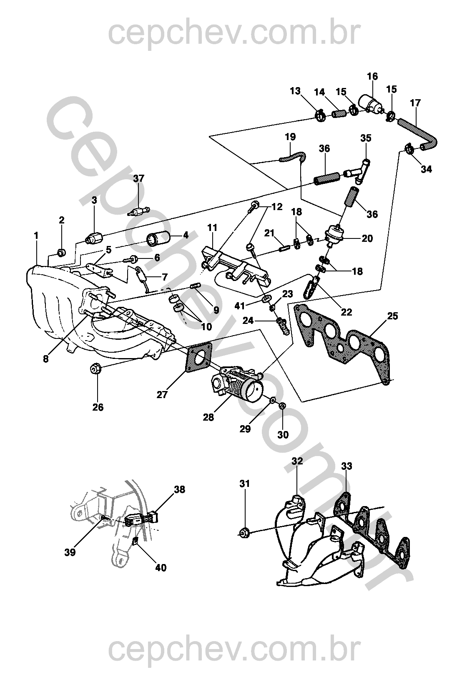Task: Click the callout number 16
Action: [373, 77]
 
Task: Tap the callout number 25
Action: [393, 316]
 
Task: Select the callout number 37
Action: [139, 178]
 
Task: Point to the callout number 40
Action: [161, 568]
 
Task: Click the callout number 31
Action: [244, 484]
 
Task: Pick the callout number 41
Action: [240, 306]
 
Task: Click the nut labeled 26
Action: [95, 369]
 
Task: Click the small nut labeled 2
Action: [61, 252]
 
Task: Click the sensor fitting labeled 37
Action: [139, 211]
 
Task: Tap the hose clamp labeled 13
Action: [320, 115]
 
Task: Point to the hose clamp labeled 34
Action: [409, 148]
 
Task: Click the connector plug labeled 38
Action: [153, 517]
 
